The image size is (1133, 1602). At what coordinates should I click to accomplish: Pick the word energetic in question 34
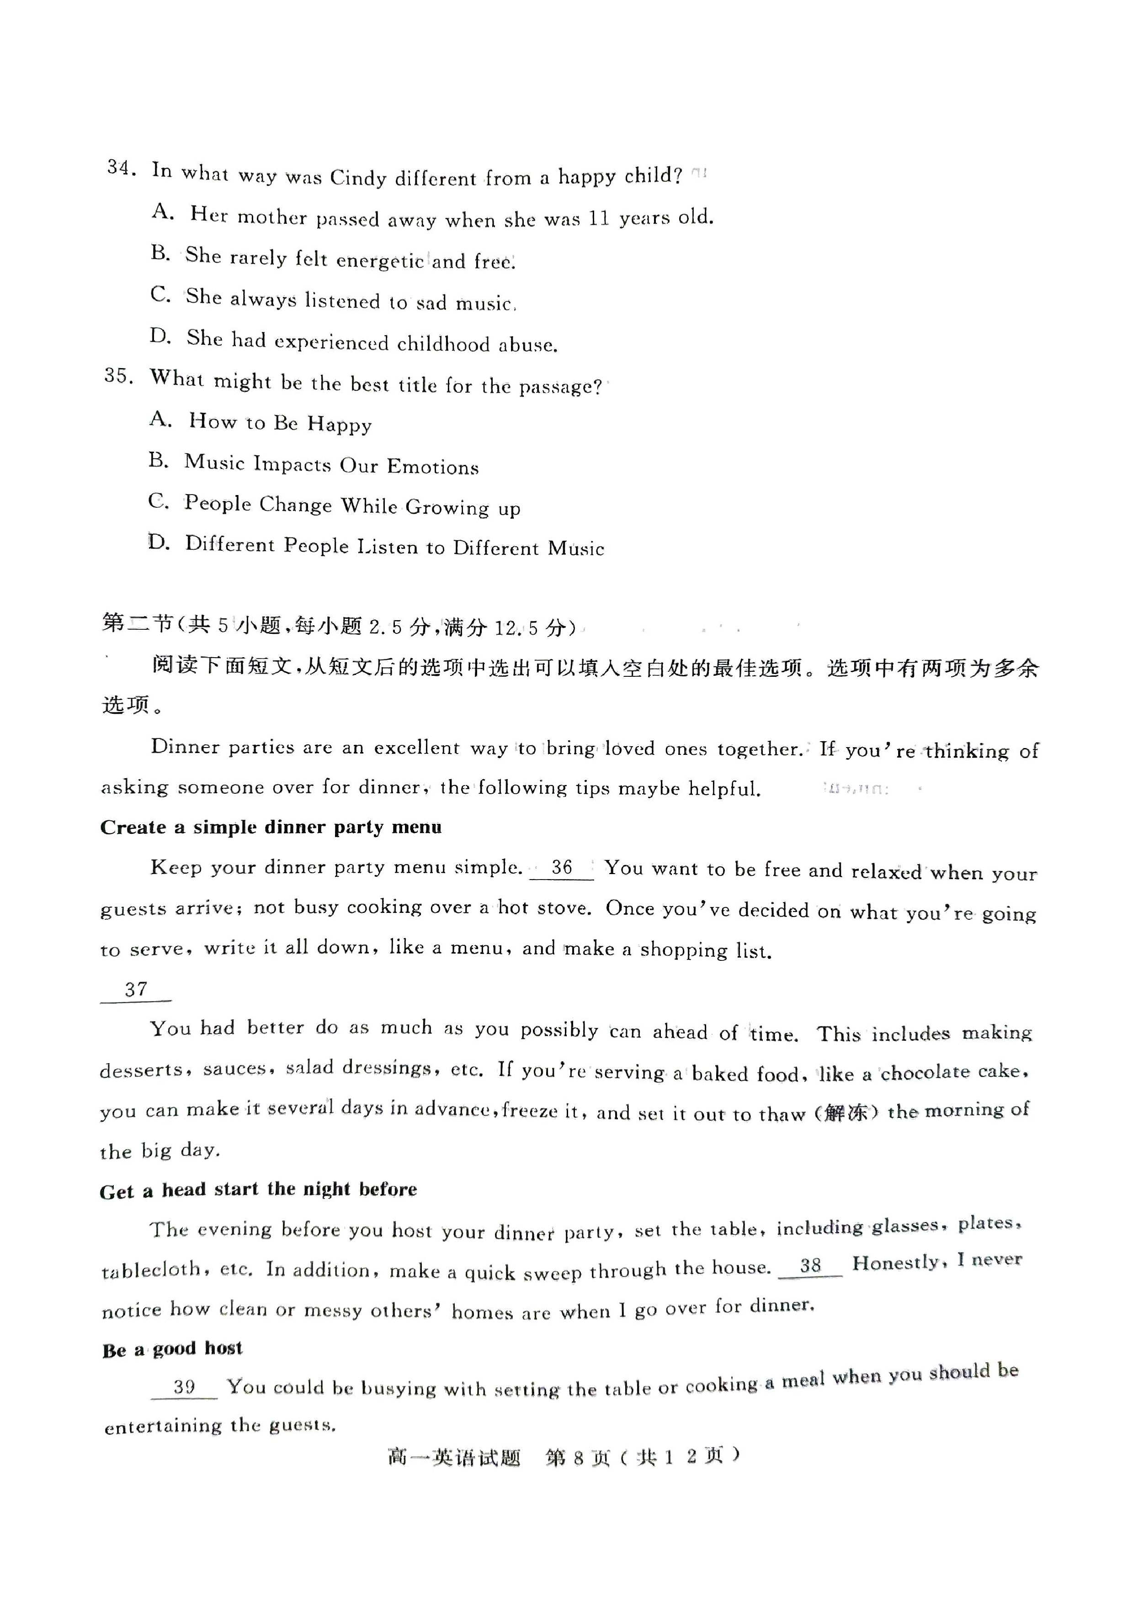(380, 261)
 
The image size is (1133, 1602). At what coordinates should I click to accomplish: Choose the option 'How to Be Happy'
(280, 423)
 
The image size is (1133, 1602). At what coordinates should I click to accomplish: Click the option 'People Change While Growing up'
(352, 505)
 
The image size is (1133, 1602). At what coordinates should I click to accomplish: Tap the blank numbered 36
(561, 869)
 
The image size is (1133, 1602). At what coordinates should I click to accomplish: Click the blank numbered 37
(136, 990)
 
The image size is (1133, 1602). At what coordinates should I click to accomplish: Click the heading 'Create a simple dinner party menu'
(271, 827)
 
